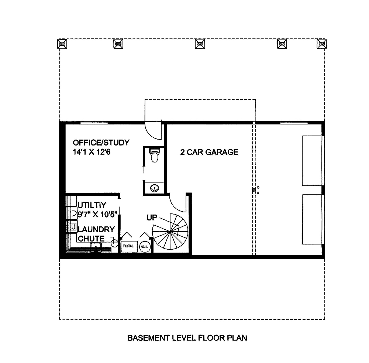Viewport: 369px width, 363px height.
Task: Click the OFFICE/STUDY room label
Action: pos(101,143)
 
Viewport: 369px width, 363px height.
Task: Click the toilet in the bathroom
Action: pos(154,155)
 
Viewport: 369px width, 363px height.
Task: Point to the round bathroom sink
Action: pos(154,188)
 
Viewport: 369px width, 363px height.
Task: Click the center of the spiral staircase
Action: pos(170,231)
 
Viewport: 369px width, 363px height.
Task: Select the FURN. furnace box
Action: pos(129,246)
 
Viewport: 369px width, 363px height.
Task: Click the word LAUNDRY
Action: pos(96,229)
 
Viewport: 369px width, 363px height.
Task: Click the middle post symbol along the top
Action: pos(200,44)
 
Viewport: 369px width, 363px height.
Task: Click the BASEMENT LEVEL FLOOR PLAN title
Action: pos(187,338)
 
